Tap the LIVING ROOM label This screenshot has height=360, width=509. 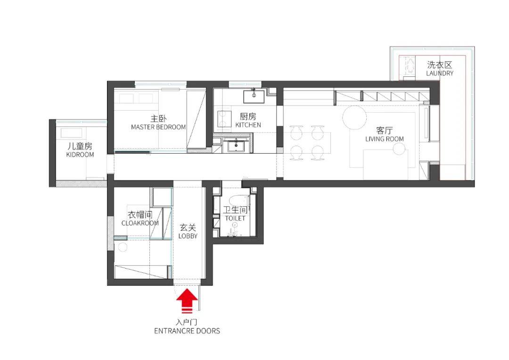click(x=385, y=139)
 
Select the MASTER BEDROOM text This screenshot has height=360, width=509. click(x=158, y=127)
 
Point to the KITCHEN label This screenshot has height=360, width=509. click(x=248, y=125)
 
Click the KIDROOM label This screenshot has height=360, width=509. click(x=80, y=155)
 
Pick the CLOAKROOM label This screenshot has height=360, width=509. click(x=140, y=223)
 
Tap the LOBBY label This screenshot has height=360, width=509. click(x=188, y=236)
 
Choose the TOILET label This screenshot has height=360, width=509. click(x=235, y=219)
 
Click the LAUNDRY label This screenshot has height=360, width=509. click(x=440, y=74)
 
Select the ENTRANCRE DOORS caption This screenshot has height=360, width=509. click(x=187, y=331)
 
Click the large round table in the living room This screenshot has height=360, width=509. click(x=354, y=117)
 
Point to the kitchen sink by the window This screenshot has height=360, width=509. click(x=254, y=96)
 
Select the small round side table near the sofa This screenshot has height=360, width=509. click(x=399, y=149)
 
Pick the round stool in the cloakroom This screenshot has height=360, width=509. click(x=123, y=247)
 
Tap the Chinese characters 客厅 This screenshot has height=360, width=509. click(x=385, y=131)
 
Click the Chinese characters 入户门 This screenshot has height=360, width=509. click(x=187, y=322)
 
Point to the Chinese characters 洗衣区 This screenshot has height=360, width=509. click(x=440, y=65)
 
